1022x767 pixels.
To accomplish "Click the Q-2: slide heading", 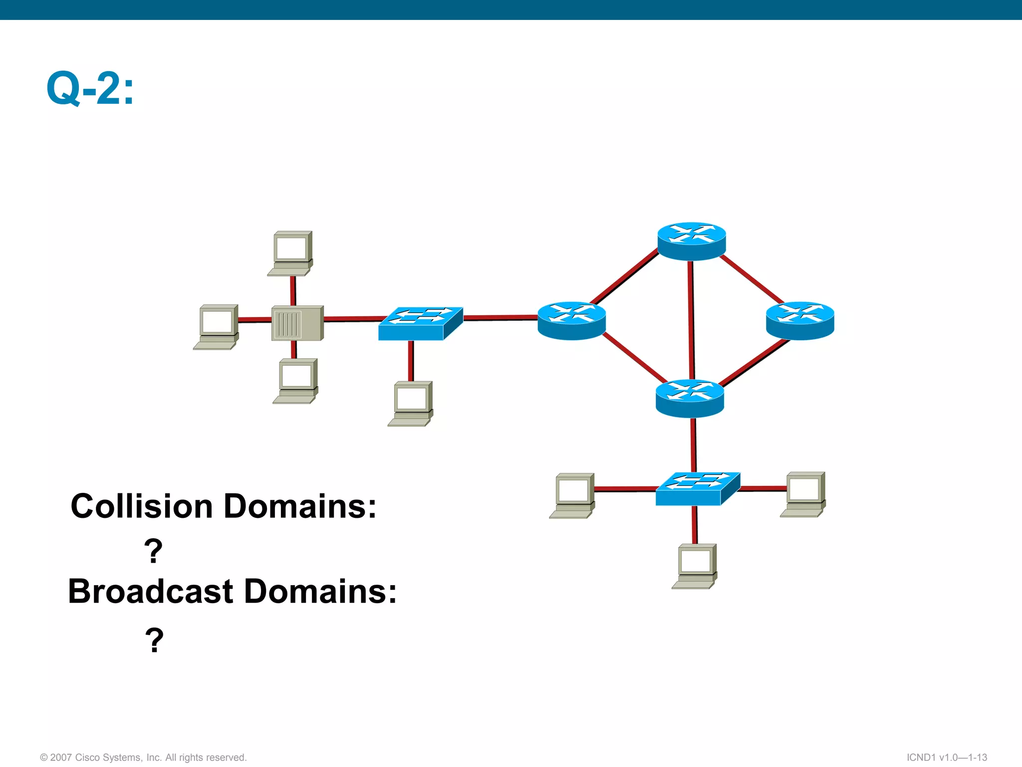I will (x=90, y=88).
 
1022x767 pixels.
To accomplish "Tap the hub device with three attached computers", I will (x=297, y=323).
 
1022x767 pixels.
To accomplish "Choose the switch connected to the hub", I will (x=420, y=324).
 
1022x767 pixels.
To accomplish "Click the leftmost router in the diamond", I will (x=572, y=321).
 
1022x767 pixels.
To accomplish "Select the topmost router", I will (x=691, y=241).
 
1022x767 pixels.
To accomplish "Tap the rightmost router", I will (x=800, y=321).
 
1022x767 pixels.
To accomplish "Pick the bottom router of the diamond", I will (x=690, y=398).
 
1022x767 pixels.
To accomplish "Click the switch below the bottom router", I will (x=697, y=489).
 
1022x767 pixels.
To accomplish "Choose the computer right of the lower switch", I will (x=803, y=494).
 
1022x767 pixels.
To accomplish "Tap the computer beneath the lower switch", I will (x=695, y=566).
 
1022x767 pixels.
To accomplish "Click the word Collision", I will (x=142, y=506).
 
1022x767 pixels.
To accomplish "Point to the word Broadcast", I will (x=151, y=592).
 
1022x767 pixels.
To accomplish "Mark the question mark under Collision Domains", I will (x=153, y=551).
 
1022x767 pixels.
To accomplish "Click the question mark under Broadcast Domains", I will (x=154, y=640).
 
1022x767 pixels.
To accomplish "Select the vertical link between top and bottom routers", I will (x=691, y=320).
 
